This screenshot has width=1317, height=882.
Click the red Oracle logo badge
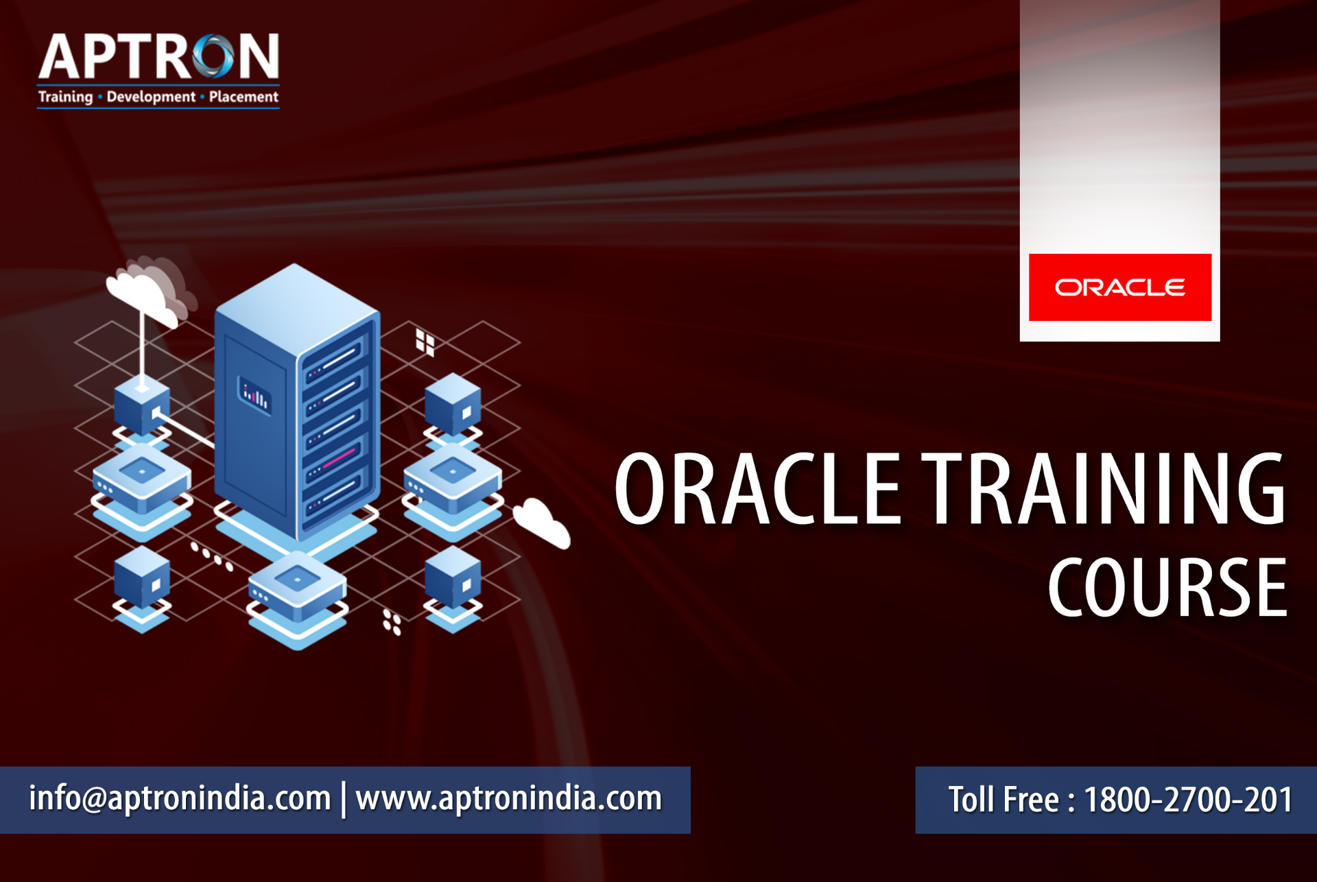click(1120, 287)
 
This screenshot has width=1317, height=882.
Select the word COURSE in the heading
click(1167, 587)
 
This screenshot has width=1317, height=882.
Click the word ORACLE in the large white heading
click(757, 489)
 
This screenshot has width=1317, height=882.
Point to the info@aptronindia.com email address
click(180, 798)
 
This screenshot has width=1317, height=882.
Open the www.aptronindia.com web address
click(509, 798)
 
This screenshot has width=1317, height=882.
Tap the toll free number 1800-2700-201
click(1189, 800)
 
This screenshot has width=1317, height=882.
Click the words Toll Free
click(1004, 800)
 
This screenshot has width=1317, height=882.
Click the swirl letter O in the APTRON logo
click(213, 56)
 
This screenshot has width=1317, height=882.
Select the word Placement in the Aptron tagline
click(244, 97)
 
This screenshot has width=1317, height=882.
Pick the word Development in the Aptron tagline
click(151, 97)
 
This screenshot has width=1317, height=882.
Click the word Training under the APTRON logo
click(65, 97)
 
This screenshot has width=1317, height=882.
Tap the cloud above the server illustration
click(147, 291)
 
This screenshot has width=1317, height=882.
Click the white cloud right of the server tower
click(542, 523)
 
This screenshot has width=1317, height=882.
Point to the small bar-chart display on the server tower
click(254, 396)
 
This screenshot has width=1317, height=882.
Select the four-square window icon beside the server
click(425, 342)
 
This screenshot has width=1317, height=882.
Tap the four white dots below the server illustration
click(392, 621)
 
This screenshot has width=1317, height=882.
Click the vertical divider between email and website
click(344, 799)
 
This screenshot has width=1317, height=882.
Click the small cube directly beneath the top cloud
click(142, 407)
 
